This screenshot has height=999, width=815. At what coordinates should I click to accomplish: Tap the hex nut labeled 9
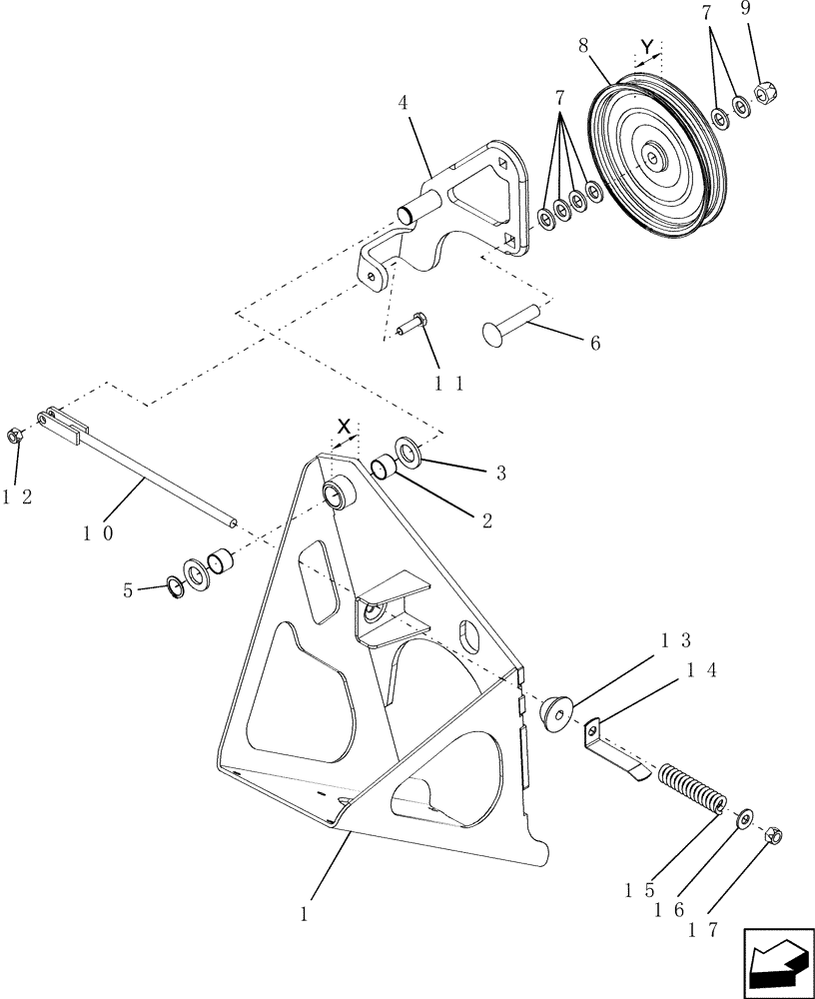(x=770, y=95)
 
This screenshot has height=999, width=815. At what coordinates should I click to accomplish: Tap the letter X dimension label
(x=344, y=427)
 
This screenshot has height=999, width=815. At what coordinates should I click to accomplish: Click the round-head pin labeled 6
(x=510, y=324)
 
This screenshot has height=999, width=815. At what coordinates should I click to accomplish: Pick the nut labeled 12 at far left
(x=16, y=436)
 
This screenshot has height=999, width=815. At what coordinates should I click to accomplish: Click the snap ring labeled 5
(x=173, y=586)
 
